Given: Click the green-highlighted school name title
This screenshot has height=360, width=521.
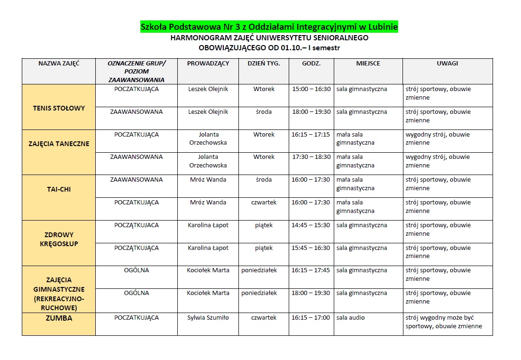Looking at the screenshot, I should [x=269, y=27].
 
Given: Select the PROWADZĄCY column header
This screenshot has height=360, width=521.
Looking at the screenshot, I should [x=208, y=63].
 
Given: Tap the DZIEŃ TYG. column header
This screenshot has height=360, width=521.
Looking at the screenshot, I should [x=264, y=63].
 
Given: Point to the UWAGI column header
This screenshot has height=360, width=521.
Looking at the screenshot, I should [x=447, y=63].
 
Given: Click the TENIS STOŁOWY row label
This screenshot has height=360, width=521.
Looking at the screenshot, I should [x=59, y=108].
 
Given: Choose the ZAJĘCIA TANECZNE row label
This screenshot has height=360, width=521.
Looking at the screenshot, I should [x=59, y=144].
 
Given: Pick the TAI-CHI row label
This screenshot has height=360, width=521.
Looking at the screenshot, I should [x=59, y=189].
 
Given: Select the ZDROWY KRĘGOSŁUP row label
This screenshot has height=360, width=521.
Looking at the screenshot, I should [x=59, y=239].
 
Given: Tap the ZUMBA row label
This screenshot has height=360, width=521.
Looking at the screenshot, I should [x=59, y=318].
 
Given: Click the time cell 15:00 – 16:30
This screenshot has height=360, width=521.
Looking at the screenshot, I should [x=311, y=89].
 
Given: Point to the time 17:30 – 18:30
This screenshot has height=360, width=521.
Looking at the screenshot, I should [x=311, y=157].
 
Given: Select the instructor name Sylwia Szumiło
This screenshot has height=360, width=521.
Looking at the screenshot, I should [x=208, y=318].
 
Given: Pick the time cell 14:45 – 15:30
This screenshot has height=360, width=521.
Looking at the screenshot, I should [x=311, y=225].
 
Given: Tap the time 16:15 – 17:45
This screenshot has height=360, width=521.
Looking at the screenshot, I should [x=311, y=270].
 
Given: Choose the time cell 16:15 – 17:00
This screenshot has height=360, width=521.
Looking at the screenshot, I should [x=311, y=318].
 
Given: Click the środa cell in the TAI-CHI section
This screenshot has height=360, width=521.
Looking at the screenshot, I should [x=264, y=180].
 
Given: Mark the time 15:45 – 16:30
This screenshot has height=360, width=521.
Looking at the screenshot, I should [x=311, y=248].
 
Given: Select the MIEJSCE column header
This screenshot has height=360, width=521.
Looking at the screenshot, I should [x=368, y=63].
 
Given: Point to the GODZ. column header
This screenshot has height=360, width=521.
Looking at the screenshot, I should [x=311, y=63].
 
